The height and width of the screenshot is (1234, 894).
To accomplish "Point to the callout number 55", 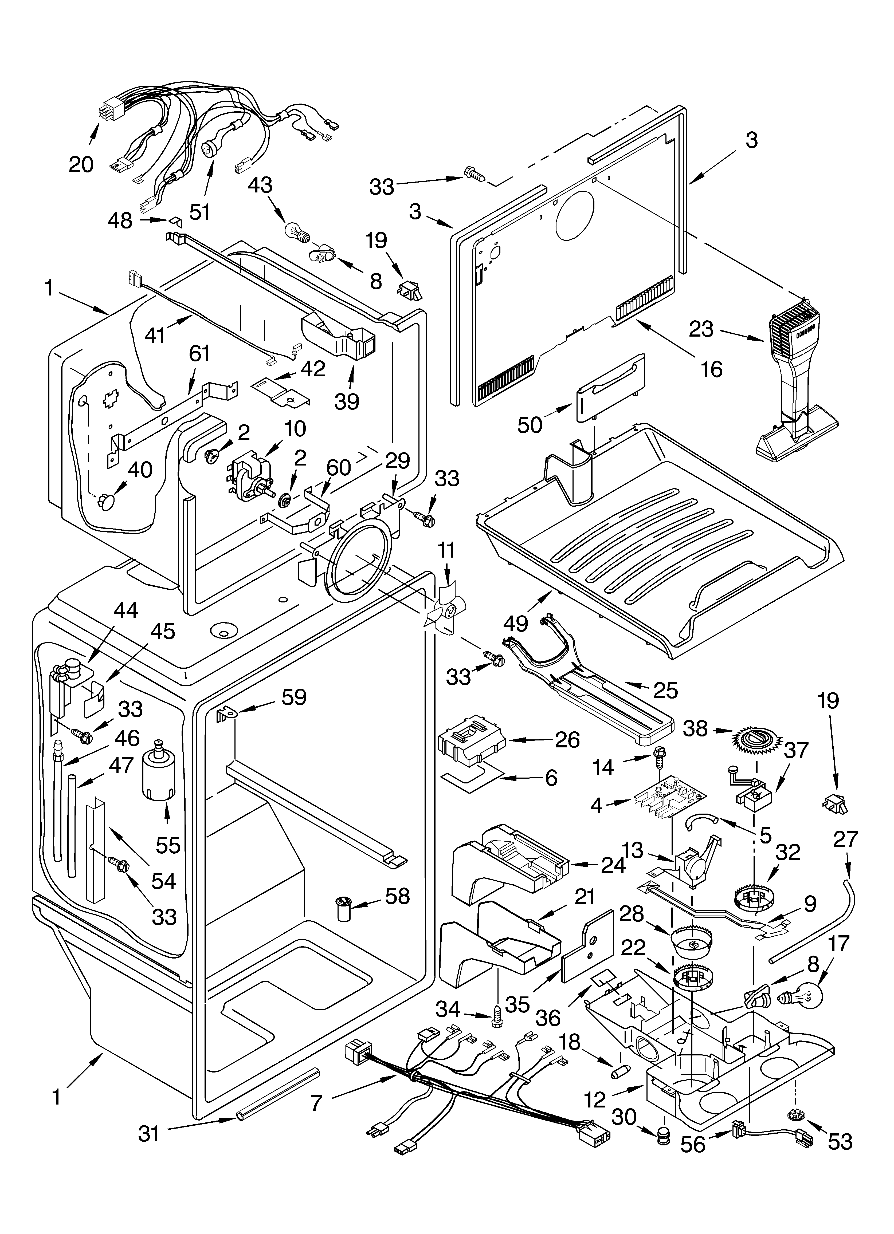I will [x=168, y=845].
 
